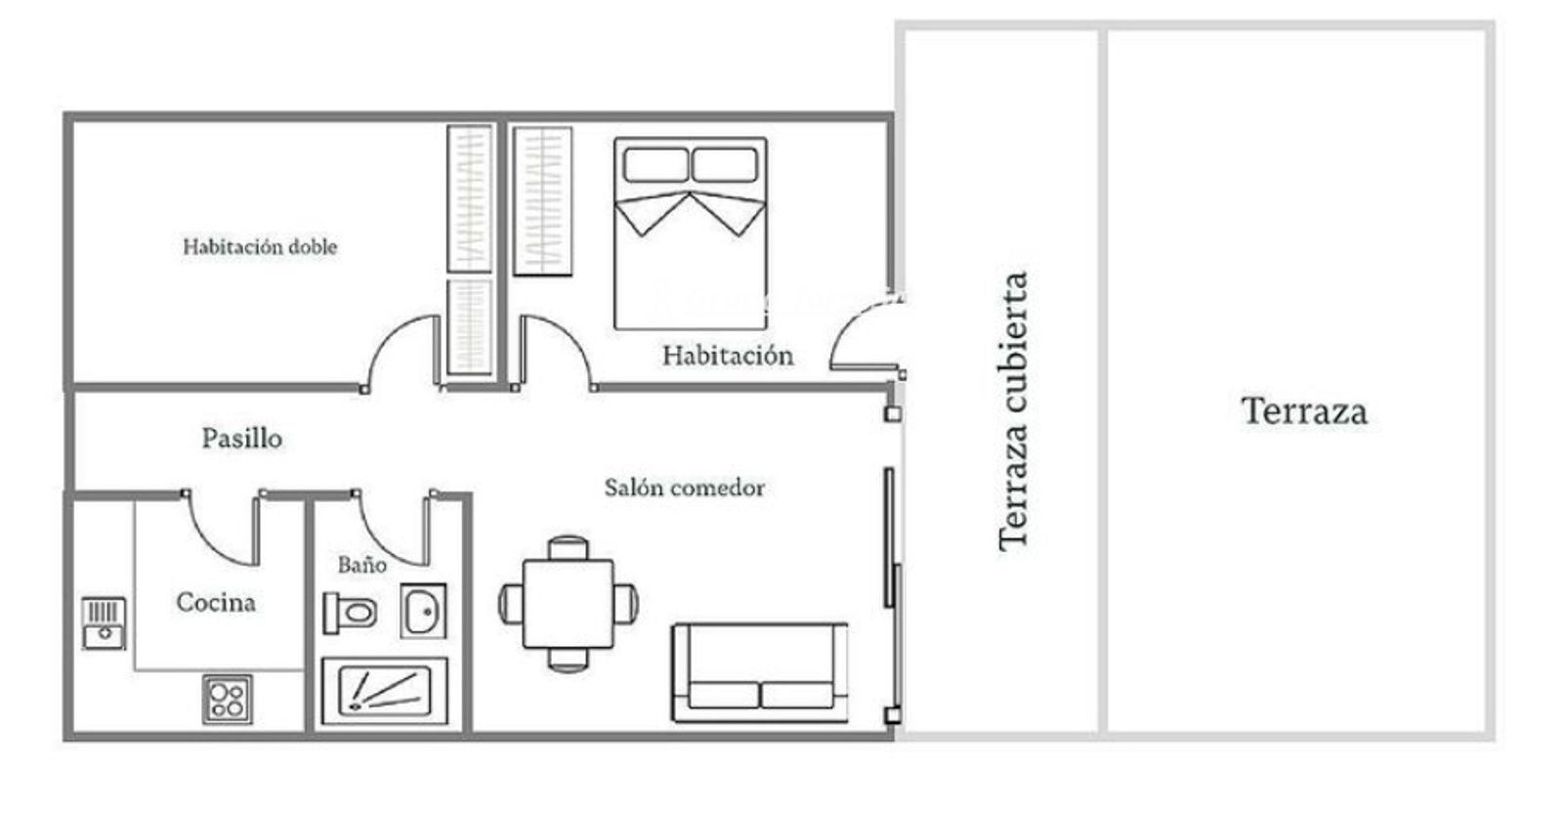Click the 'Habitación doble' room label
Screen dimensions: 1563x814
[x=260, y=246]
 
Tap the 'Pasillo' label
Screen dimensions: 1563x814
[x=242, y=439]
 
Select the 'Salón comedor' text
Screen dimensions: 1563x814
[x=685, y=488]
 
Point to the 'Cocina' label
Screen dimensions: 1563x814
[x=216, y=602]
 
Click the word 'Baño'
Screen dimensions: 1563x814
[x=362, y=564]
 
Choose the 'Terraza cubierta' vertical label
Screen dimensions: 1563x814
[x=1013, y=412]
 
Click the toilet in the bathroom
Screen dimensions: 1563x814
[x=351, y=613]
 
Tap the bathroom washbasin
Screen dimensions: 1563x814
[x=423, y=612]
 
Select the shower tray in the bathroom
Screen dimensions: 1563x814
[x=385, y=691]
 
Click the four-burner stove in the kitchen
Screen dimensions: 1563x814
[x=228, y=699]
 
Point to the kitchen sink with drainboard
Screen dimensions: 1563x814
[x=104, y=622]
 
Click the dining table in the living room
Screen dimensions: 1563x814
[x=568, y=604]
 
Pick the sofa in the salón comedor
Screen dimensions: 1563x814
[x=760, y=672]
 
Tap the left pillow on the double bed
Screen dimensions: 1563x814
[x=655, y=165]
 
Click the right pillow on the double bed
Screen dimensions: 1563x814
[x=725, y=165]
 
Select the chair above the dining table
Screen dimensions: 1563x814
[x=568, y=548]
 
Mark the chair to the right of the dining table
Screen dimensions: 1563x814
[x=626, y=604]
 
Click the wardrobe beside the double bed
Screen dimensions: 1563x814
[x=543, y=201]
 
